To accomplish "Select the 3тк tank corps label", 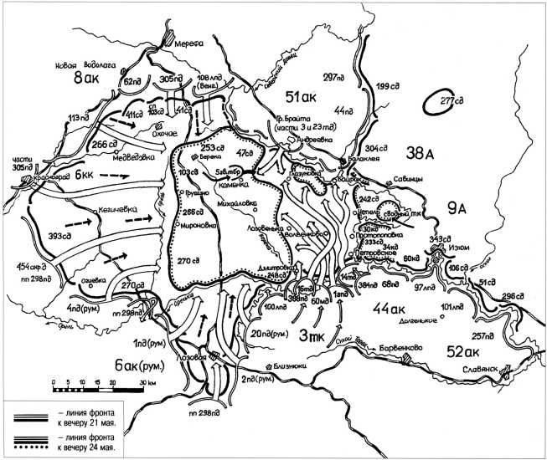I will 319,335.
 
